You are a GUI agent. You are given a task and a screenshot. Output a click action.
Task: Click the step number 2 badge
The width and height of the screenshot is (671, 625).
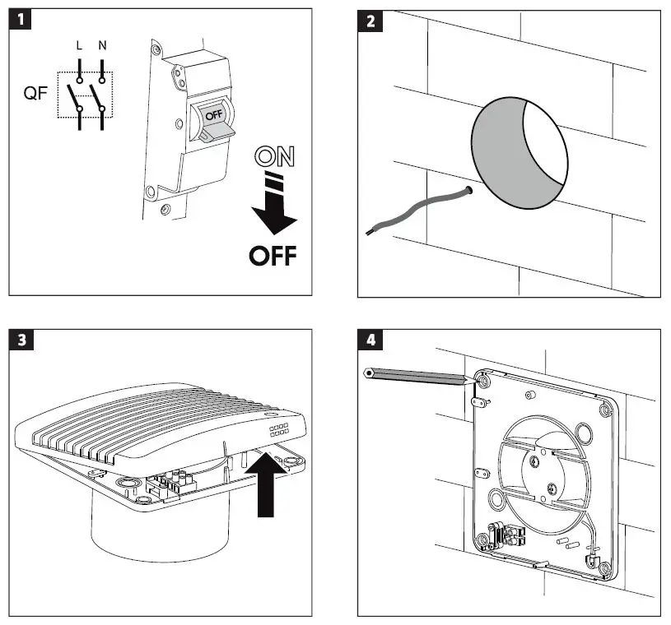tap(370, 21)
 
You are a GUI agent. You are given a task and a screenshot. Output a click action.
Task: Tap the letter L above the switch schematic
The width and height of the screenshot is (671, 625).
tap(79, 46)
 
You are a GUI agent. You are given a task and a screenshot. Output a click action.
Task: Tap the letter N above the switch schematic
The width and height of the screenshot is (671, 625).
tap(102, 46)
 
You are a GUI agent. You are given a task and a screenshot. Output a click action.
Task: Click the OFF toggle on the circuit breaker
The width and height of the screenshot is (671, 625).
tap(212, 119)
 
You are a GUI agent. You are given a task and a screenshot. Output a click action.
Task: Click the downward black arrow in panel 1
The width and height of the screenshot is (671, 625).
tap(273, 210)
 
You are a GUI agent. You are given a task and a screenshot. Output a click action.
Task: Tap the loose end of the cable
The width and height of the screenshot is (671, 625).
tap(368, 234)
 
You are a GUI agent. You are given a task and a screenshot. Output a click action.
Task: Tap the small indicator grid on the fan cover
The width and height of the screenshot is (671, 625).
tap(277, 431)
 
